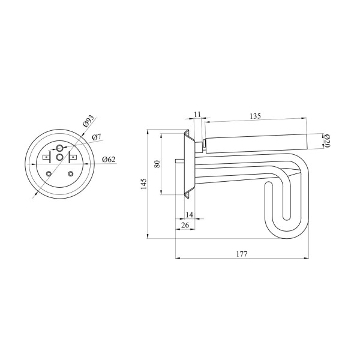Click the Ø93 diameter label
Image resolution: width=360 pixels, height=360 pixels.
89,121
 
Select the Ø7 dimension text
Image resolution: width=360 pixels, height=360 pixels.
97,137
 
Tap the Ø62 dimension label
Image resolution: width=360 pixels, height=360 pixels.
109,159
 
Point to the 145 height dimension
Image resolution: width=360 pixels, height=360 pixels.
143,184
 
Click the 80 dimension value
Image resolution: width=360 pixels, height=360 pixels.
157,164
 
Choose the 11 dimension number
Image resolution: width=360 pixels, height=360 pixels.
197,114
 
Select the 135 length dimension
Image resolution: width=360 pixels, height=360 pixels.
256,116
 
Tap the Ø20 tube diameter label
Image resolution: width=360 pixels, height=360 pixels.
327,141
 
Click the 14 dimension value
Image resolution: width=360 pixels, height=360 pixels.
190,215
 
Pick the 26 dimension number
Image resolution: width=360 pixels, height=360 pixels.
185,225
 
